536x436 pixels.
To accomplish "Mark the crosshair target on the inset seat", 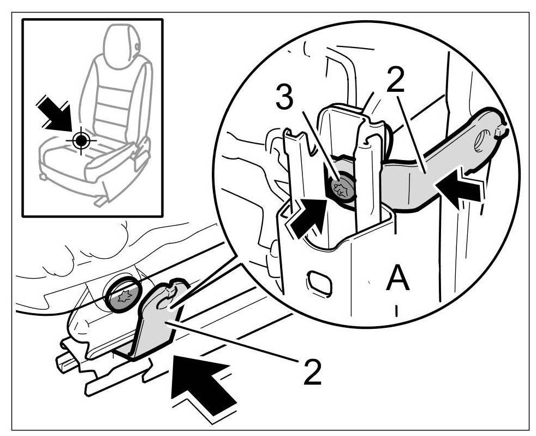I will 81,140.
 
